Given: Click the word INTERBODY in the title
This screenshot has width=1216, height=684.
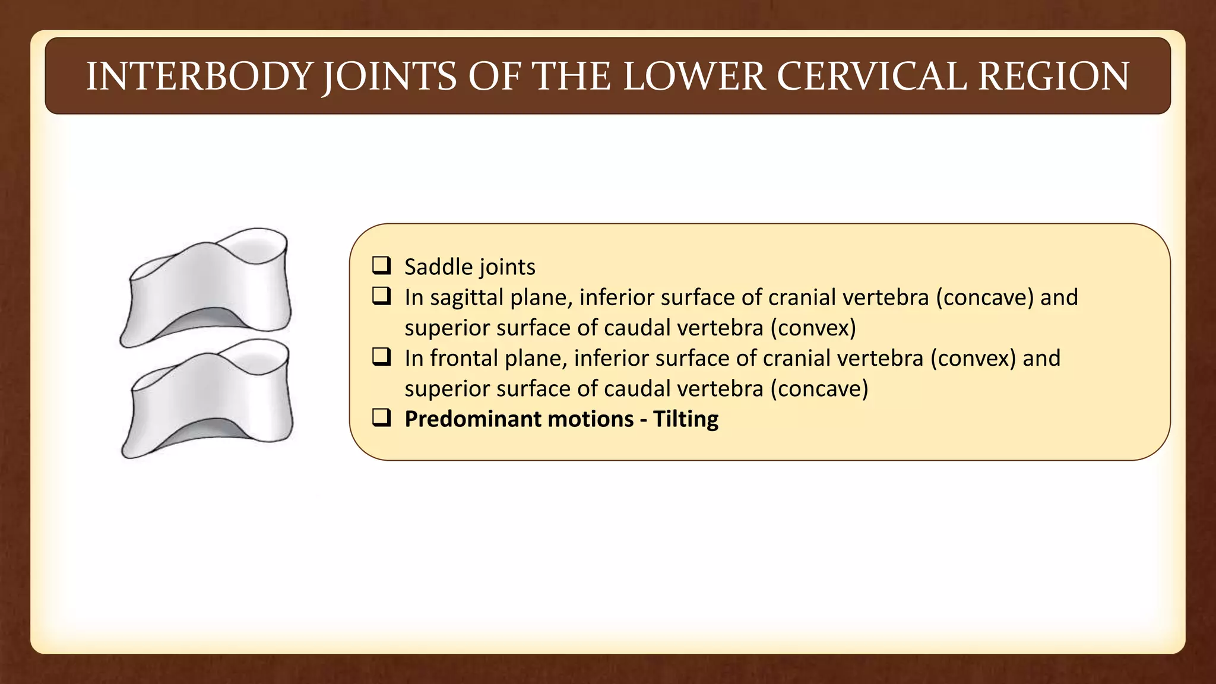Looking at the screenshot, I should coord(198,77).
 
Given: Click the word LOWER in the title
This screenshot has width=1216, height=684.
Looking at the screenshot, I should coord(693,77).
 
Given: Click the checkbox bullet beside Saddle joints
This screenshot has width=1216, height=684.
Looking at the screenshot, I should coord(381,265).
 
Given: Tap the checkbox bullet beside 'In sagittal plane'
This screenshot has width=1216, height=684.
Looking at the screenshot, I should coord(381,296).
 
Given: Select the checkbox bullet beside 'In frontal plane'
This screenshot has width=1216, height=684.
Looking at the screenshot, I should coord(381,357).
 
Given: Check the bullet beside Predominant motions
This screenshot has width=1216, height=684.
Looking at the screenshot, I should coord(381,418).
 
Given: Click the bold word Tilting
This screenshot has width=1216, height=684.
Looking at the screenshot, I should coord(686,419).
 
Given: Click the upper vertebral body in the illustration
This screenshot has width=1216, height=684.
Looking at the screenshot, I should coord(208,285).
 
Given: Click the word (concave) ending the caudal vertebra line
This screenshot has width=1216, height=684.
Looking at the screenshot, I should coord(819,389).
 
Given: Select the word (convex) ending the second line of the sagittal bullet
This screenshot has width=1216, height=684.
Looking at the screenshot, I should coord(813,328).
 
